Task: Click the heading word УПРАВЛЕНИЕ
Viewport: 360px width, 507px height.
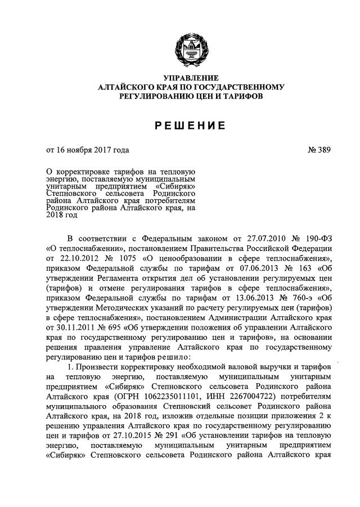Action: click(x=191, y=78)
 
